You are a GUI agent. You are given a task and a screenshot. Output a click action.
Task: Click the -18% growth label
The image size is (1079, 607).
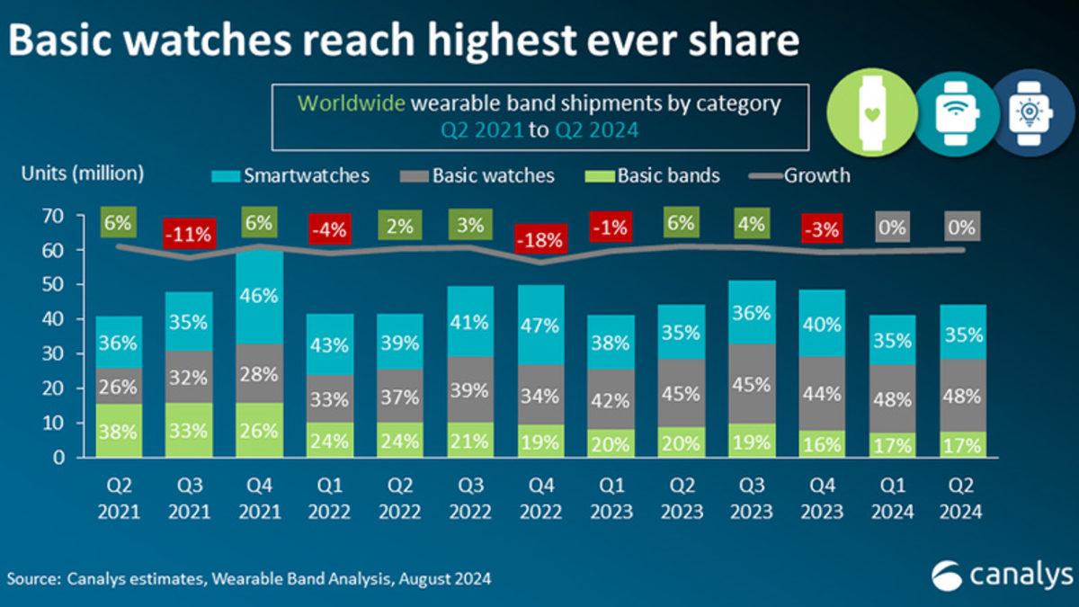click(x=539, y=240)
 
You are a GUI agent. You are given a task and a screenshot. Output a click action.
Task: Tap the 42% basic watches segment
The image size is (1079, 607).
click(x=610, y=400)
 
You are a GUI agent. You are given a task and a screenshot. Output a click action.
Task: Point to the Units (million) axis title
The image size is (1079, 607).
click(x=82, y=173)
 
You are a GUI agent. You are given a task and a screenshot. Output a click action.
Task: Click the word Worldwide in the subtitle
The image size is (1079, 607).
click(x=352, y=103)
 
